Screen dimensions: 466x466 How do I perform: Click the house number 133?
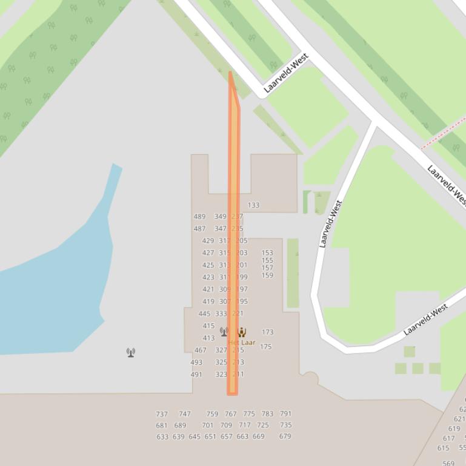coord(253,205)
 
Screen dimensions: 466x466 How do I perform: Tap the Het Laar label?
coord(242,343)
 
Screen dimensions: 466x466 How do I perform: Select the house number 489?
coord(199,217)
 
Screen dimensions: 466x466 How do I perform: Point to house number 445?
coord(204,313)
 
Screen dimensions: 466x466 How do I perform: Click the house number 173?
coord(267,332)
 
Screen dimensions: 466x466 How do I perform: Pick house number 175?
coord(265,347)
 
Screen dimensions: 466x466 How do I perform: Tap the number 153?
coord(267,253)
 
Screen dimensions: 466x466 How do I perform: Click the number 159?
coord(267,275)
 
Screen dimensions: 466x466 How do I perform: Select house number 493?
coord(196,363)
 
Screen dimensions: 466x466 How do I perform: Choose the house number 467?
coord(201,350)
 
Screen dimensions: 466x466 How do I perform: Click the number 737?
coord(162,414)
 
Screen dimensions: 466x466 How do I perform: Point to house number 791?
coord(285,414)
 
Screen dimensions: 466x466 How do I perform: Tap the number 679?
coord(285,436)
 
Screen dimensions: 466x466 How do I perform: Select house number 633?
coord(162,437)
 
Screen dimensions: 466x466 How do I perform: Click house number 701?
coord(208,425)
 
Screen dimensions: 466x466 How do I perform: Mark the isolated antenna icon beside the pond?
coord(131,352)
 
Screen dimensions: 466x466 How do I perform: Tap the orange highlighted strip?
coord(233,242)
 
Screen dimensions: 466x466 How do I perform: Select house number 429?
coord(208,241)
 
